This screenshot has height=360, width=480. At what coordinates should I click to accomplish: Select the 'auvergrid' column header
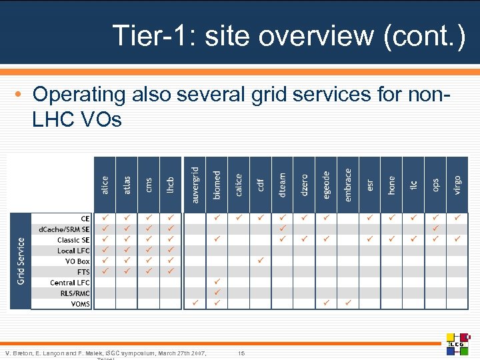tap(194, 185)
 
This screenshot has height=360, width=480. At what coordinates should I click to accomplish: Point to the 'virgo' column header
tap(457, 185)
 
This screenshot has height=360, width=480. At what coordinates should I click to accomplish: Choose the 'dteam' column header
tap(282, 185)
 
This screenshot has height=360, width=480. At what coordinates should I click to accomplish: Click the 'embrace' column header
tap(347, 181)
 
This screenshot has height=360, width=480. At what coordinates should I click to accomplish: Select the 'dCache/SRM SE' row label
tap(64, 229)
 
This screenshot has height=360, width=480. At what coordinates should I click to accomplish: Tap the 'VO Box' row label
tap(77, 261)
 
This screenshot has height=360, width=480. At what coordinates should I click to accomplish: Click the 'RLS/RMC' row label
tap(74, 293)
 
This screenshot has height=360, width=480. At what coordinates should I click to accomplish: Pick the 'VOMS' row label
tap(80, 304)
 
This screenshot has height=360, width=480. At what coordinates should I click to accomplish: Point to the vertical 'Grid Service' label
tap(21, 261)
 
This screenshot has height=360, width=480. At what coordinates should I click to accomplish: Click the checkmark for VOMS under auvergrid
tap(194, 303)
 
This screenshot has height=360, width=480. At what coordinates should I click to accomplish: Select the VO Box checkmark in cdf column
tap(261, 261)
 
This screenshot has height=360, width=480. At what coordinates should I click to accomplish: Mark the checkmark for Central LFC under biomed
tap(216, 282)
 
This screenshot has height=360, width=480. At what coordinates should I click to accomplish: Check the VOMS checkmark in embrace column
tap(347, 303)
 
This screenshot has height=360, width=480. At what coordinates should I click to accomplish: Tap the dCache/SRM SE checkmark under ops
tap(435, 229)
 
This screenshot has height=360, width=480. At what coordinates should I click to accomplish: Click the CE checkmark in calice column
tap(239, 218)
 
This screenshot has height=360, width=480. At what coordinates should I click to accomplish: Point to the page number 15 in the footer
tap(242, 352)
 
